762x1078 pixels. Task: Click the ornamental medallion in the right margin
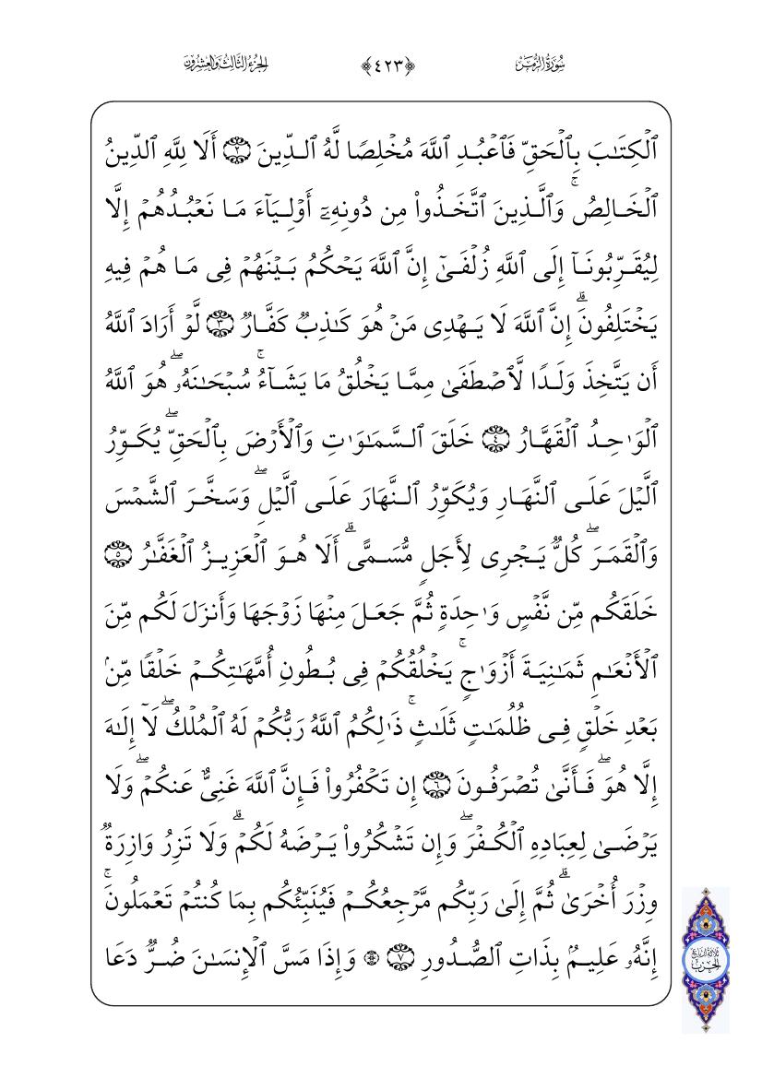[x=705, y=959]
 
